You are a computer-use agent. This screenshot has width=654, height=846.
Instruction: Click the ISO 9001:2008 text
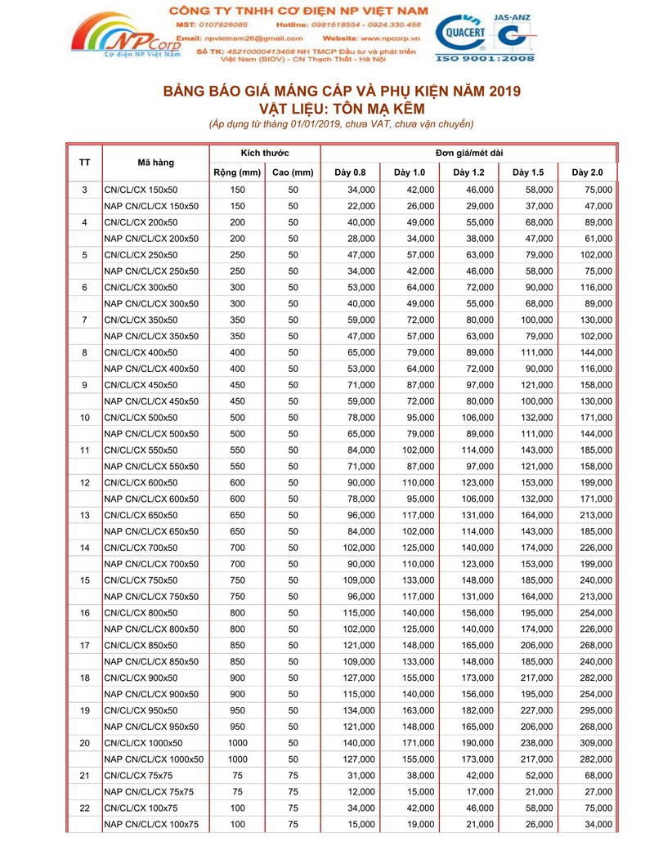point(486,59)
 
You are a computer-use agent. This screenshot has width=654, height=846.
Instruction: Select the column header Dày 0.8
point(351,172)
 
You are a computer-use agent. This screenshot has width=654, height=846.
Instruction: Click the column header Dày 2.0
point(587,172)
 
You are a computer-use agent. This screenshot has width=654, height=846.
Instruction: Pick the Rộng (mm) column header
point(237,172)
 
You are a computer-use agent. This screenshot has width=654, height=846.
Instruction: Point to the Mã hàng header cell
point(155,163)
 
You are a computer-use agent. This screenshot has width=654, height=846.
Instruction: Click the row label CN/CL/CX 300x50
point(141,288)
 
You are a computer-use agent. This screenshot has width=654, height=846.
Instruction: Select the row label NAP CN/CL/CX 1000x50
point(155,759)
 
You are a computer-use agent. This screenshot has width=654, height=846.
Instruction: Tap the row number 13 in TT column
point(85,515)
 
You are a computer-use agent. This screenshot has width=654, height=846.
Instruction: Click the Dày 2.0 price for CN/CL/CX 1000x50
point(595,743)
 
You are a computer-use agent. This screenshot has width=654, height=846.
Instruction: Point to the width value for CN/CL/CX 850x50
point(237,645)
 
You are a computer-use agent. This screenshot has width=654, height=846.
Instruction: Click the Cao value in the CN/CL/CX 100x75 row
point(293,808)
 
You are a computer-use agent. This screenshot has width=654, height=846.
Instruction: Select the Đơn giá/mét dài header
point(468,154)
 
